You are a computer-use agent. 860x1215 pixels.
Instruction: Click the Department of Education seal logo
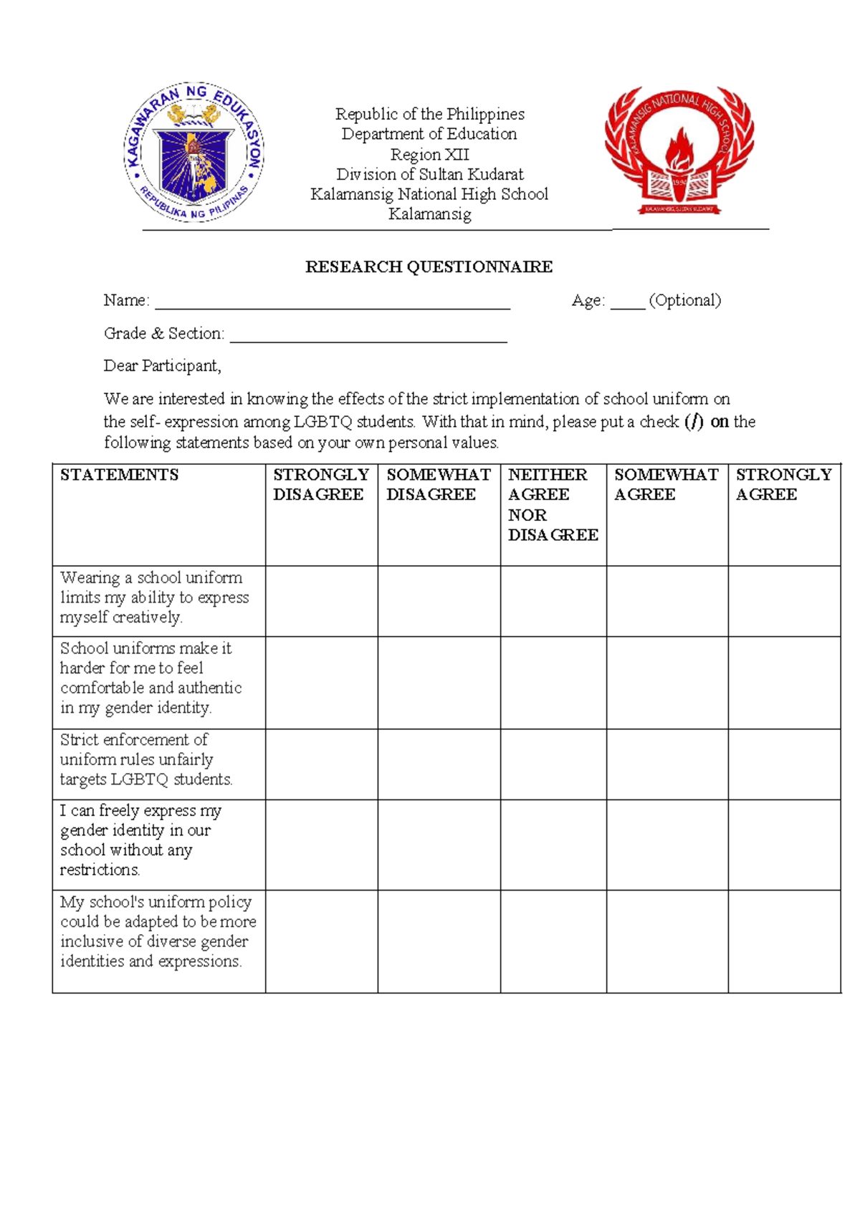(x=194, y=152)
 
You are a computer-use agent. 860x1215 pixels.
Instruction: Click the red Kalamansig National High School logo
(x=679, y=151)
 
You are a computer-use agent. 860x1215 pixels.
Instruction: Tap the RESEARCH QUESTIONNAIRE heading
(x=429, y=267)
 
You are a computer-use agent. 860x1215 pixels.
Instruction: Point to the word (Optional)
(x=684, y=300)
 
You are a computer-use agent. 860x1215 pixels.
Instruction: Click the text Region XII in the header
(x=429, y=155)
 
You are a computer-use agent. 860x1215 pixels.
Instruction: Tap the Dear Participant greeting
(x=163, y=366)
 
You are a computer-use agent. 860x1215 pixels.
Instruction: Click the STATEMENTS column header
(x=120, y=475)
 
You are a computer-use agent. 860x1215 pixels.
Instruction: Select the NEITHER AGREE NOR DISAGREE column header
(x=553, y=504)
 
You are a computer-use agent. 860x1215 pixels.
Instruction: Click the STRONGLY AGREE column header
(x=783, y=484)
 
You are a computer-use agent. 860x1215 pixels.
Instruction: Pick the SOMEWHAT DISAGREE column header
(x=438, y=484)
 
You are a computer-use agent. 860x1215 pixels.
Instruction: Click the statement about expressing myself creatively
(x=155, y=597)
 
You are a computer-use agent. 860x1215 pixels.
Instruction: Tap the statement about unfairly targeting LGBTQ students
(x=146, y=759)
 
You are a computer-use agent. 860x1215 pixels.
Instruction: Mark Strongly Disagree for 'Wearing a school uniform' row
(x=321, y=601)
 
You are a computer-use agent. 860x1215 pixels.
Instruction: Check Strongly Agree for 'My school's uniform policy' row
(x=784, y=941)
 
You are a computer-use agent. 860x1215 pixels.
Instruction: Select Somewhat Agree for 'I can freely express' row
(x=667, y=845)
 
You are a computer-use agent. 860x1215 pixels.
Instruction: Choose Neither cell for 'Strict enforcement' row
(x=553, y=764)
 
